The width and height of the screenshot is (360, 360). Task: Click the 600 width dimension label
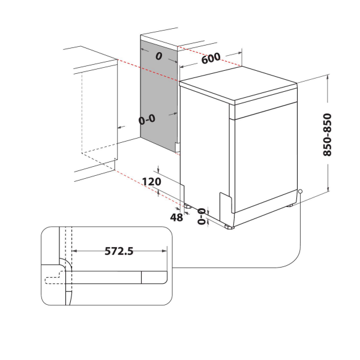tap(211, 58)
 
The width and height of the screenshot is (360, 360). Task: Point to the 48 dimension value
tap(176, 218)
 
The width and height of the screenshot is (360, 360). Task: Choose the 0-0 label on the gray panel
tap(147, 119)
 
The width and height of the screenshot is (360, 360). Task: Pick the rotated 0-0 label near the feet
tap(202, 215)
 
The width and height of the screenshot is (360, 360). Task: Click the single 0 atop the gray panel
tap(159, 56)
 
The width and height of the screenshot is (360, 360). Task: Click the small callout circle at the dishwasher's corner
tap(299, 193)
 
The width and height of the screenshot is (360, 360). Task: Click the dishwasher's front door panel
tap(264, 156)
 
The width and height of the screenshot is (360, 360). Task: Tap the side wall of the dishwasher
tap(204, 150)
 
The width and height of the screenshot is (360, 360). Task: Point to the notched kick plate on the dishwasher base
tap(225, 207)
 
